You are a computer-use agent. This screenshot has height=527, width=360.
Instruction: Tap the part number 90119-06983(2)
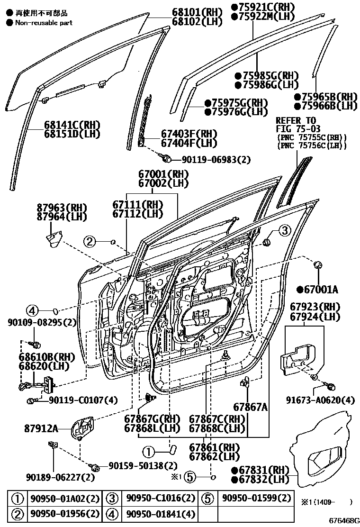point(216,160)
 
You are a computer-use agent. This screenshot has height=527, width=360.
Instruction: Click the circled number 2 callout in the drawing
point(90,242)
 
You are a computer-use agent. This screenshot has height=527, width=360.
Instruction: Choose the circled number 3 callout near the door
point(283,231)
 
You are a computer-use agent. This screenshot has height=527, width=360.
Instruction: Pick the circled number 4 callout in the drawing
point(31,311)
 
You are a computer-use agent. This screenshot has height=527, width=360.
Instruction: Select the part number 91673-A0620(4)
point(320,400)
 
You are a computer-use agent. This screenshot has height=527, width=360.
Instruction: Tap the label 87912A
point(41,428)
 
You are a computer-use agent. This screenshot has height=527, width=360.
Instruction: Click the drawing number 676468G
point(344,520)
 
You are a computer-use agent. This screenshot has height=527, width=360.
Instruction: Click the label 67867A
point(250,406)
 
